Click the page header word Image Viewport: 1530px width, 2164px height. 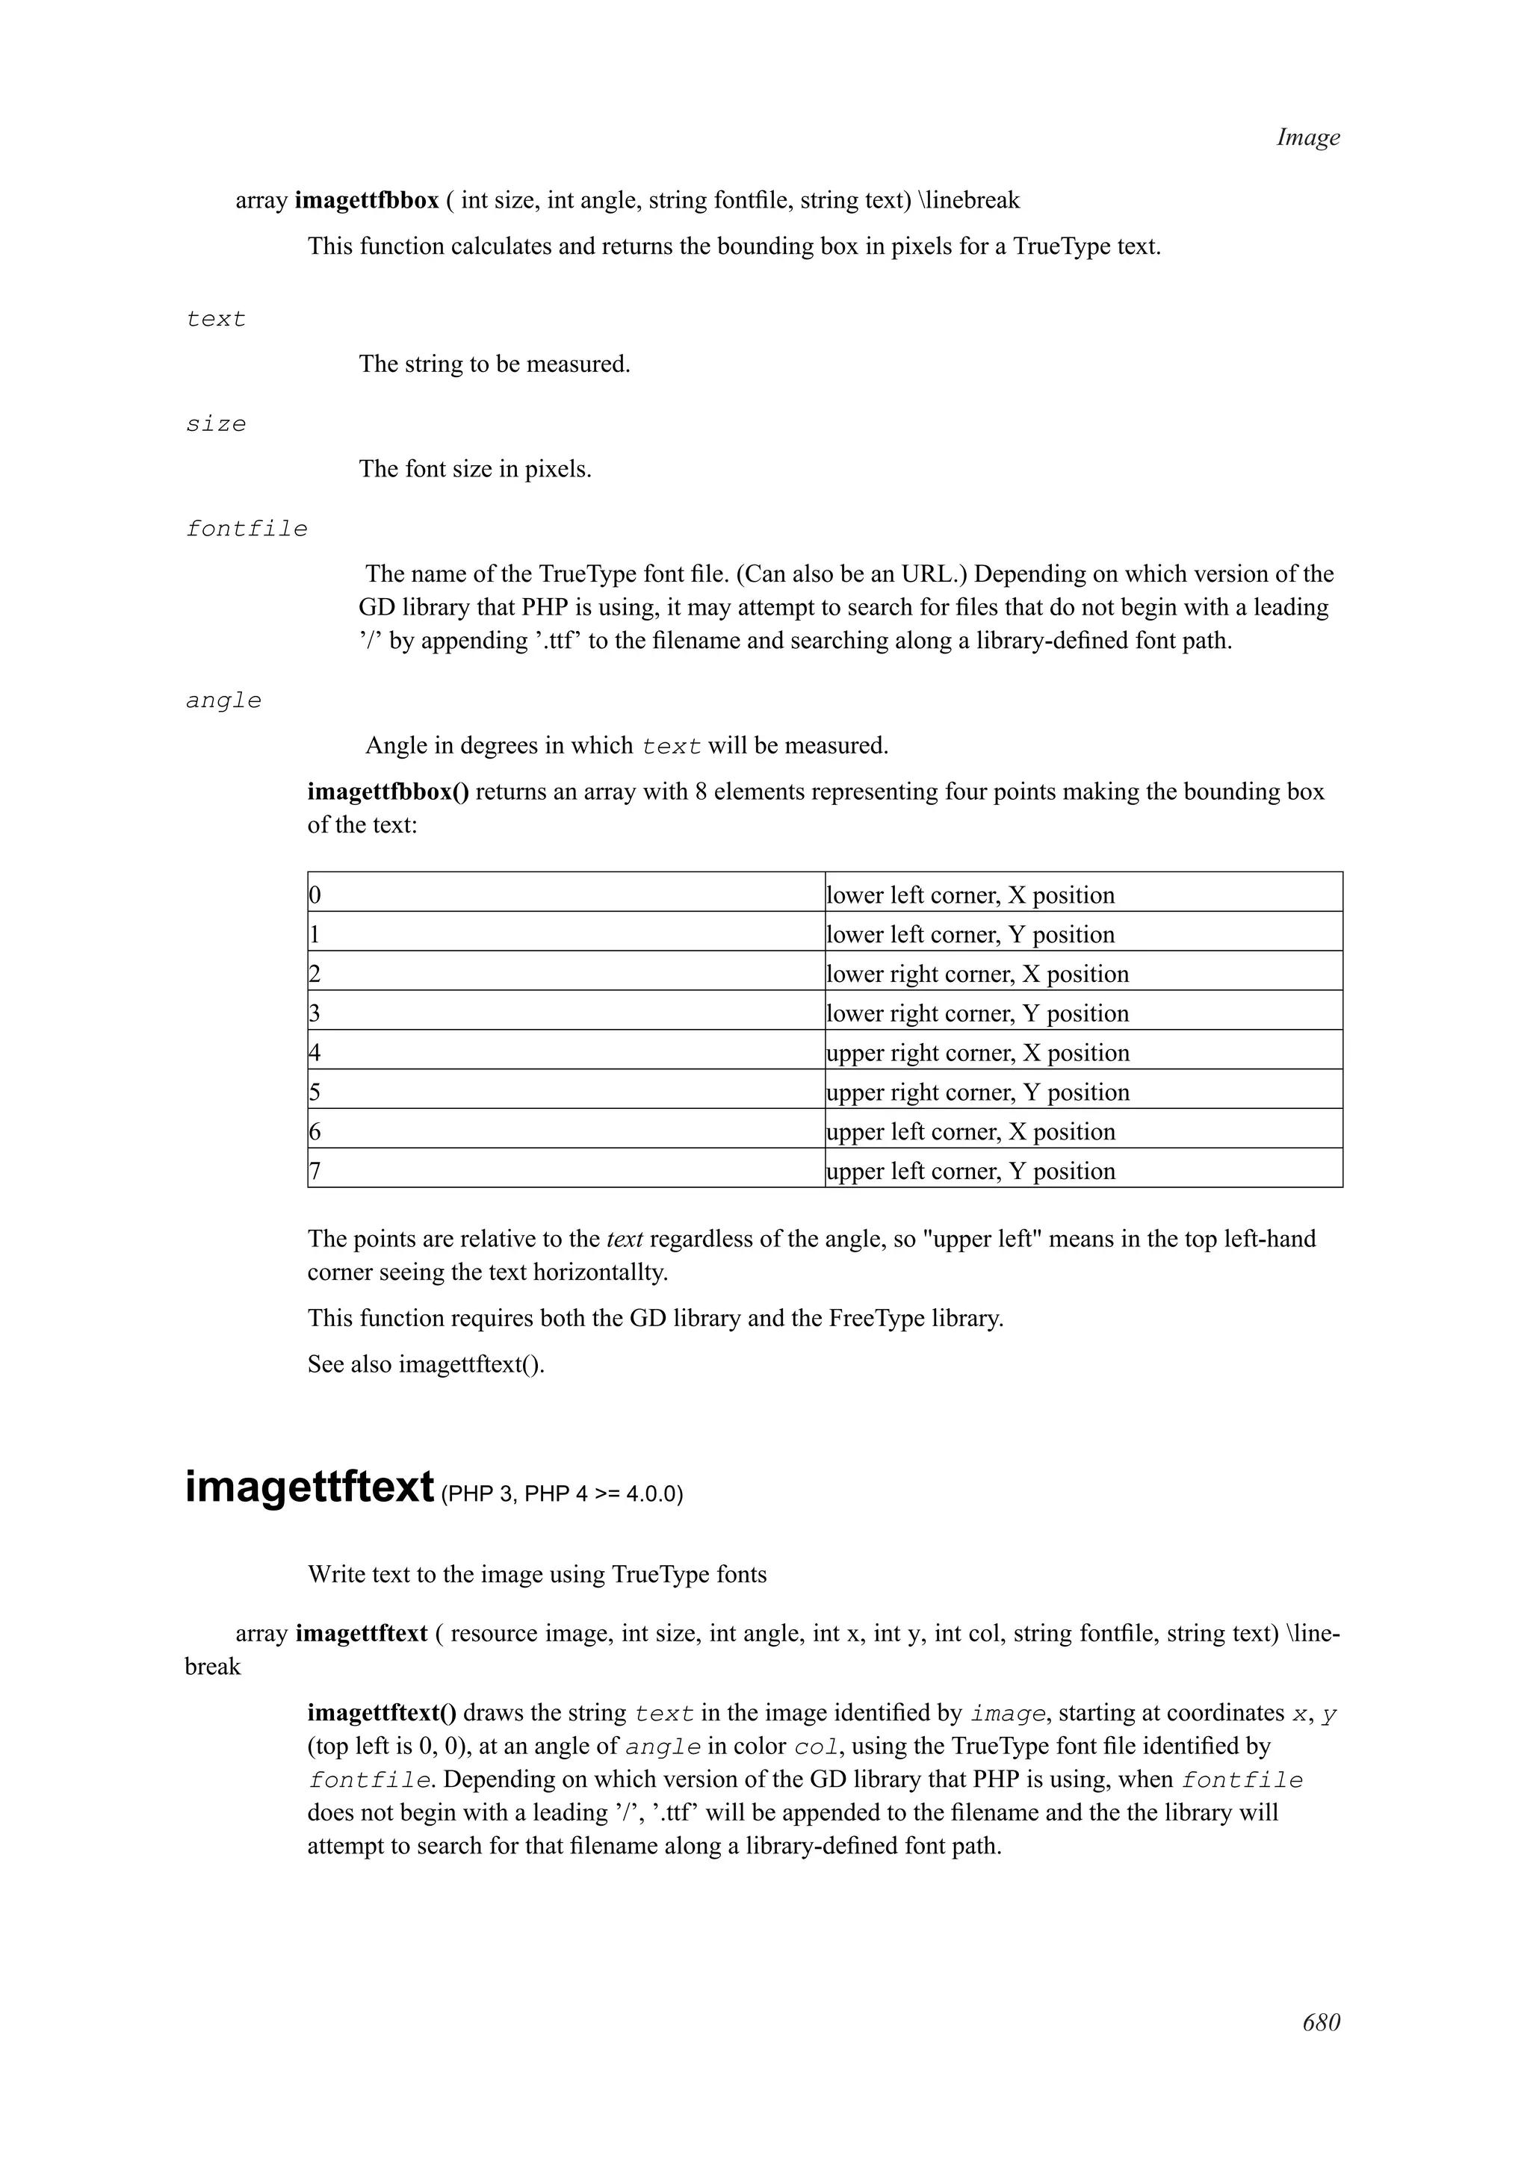click(x=1307, y=137)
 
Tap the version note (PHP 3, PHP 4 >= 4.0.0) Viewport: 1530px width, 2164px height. click(x=561, y=1495)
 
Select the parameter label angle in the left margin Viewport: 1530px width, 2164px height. click(x=223, y=700)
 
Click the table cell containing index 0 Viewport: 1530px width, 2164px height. click(x=566, y=894)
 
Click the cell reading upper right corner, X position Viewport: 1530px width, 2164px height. click(x=978, y=1052)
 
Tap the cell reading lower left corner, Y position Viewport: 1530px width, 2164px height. click(x=970, y=934)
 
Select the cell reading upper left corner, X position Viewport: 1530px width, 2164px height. click(x=970, y=1131)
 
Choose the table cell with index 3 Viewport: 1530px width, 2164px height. click(x=566, y=1013)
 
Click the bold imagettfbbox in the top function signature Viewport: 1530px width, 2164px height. click(x=367, y=201)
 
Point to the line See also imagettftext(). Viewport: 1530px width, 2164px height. click(x=426, y=1364)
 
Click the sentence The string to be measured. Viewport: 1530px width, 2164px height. click(x=494, y=364)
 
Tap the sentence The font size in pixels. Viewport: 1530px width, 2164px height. click(x=475, y=470)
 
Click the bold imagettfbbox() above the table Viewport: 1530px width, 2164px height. click(x=388, y=792)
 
